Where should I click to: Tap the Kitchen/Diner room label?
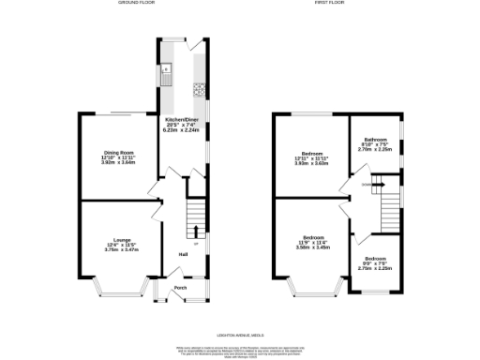(x=181, y=121)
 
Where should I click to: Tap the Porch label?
(x=181, y=288)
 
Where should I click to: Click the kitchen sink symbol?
(x=166, y=70)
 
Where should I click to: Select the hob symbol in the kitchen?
(x=199, y=91)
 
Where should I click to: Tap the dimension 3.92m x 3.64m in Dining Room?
(x=119, y=162)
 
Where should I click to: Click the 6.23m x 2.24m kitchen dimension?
(x=181, y=131)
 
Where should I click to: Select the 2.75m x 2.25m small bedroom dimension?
(x=375, y=267)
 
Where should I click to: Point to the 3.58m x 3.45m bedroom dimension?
(x=315, y=248)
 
